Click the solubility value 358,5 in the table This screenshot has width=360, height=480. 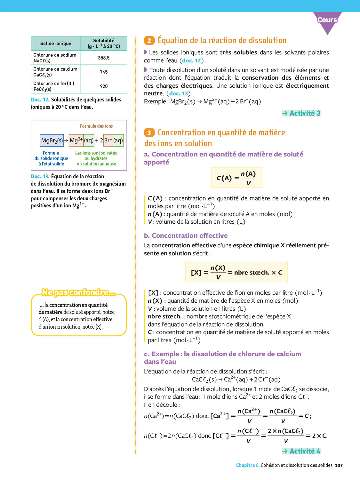[104, 58]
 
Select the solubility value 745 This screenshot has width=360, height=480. [104, 72]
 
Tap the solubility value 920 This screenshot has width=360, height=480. [104, 86]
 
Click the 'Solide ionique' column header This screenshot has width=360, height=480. [56, 44]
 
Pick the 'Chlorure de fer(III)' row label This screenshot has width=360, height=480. [54, 84]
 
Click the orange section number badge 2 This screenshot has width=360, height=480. [149, 41]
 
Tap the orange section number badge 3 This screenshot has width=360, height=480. [149, 133]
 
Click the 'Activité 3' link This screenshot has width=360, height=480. [301, 113]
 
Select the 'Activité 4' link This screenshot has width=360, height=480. [301, 451]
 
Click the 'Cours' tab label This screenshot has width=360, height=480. [327, 20]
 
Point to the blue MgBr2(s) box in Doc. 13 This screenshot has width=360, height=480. [52, 140]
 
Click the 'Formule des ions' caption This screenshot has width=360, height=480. [96, 126]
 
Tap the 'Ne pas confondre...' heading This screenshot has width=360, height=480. [79, 292]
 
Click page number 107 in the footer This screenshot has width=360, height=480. [339, 465]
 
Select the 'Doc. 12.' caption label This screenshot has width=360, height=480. [40, 100]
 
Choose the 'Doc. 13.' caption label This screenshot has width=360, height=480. [40, 176]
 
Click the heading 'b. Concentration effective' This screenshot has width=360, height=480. [186, 236]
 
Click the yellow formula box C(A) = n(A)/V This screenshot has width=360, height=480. [236, 178]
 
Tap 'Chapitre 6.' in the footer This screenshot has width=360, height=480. [248, 465]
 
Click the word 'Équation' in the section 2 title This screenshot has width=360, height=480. [173, 41]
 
